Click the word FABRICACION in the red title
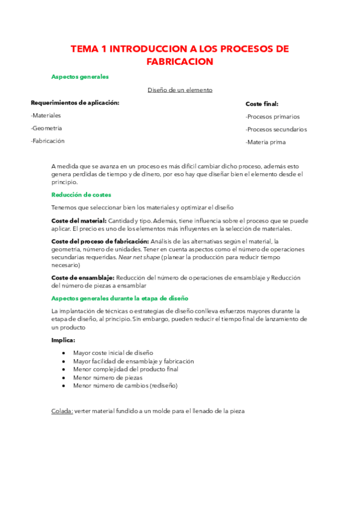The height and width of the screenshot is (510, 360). coord(180,61)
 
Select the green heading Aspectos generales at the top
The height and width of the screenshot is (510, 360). coord(80,77)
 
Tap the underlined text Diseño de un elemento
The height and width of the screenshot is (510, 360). coord(180,90)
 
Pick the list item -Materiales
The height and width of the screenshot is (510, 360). coord(46,115)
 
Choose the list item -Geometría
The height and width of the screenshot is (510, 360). coord(46,128)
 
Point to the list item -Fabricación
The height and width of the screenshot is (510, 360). coord(47,141)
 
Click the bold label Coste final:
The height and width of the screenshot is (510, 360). coord(262,104)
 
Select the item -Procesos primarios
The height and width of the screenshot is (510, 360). coord(272,117)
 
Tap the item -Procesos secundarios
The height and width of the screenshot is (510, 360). coord(276,129)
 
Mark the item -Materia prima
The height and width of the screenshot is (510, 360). coord(266,143)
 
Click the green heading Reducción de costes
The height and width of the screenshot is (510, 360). coord(81,195)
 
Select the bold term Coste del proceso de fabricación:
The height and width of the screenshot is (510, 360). coord(100,241)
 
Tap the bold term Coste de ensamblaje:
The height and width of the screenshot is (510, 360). coord(83,278)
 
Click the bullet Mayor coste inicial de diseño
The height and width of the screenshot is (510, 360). coord(113,352)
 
